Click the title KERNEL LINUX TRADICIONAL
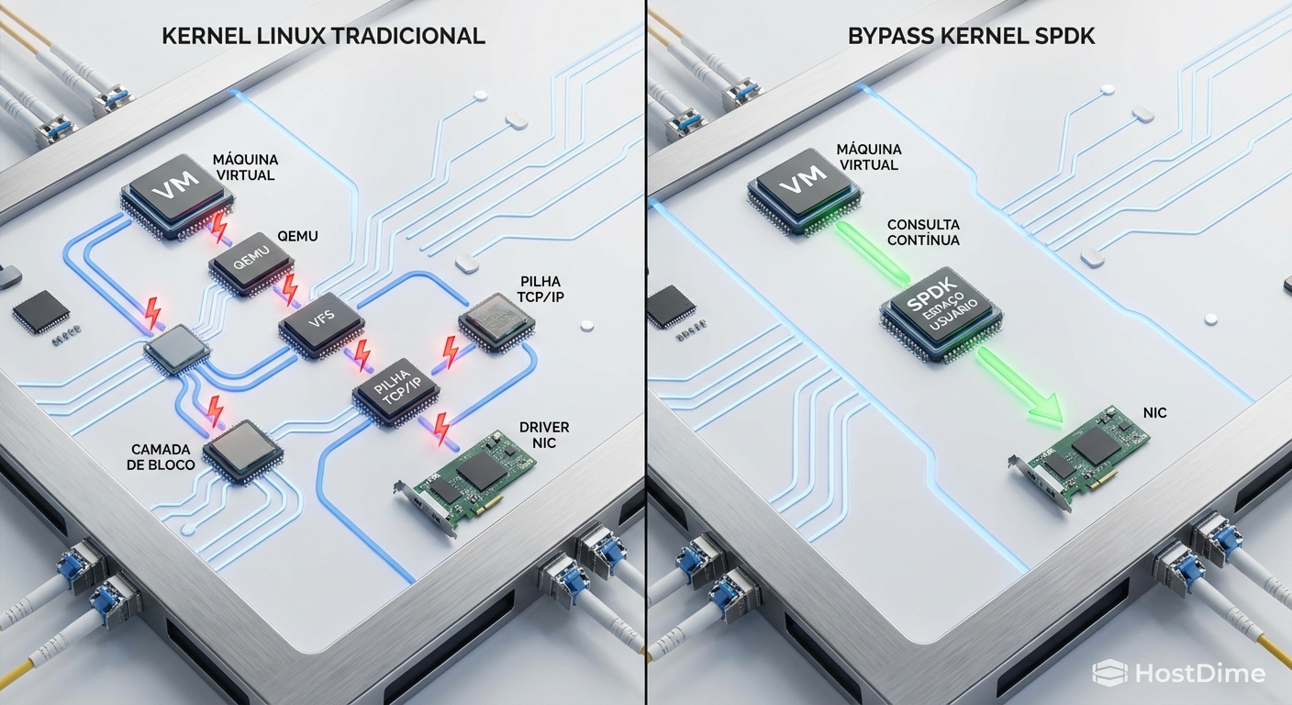point(323,37)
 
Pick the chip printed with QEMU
point(251,266)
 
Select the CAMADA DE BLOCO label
point(161,457)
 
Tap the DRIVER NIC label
point(544,436)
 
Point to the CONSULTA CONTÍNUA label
point(923,232)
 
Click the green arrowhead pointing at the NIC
point(1046,410)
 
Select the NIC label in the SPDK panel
point(1154,413)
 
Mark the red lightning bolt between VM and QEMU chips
point(219,227)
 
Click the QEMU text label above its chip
point(295,236)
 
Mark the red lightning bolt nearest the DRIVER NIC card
point(441,427)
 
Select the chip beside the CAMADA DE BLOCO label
point(241,450)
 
